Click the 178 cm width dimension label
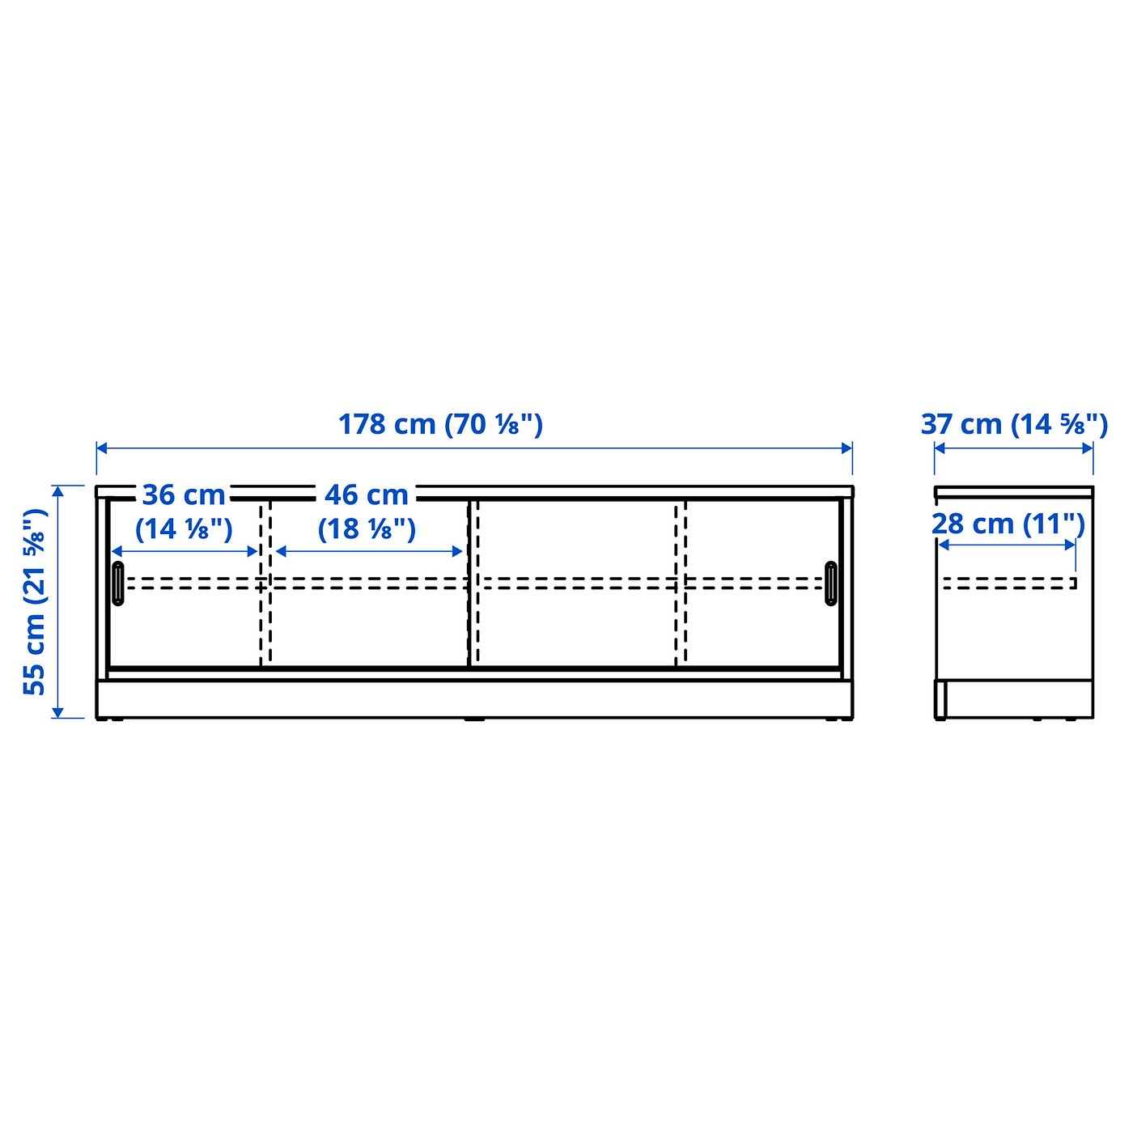click(440, 424)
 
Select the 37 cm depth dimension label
click(1014, 424)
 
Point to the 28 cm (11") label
click(1008, 524)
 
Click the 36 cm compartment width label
click(184, 494)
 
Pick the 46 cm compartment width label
click(367, 494)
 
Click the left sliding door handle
click(119, 583)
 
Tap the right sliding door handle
click(831, 583)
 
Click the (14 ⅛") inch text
click(184, 529)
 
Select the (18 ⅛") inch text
click(367, 529)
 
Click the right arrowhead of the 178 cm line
click(847, 448)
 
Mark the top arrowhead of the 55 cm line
click(57, 491)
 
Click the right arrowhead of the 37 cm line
click(1088, 448)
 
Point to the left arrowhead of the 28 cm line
click(943, 545)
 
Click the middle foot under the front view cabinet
click(474, 719)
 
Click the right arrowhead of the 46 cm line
click(458, 551)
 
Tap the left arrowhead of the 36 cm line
click(117, 551)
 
